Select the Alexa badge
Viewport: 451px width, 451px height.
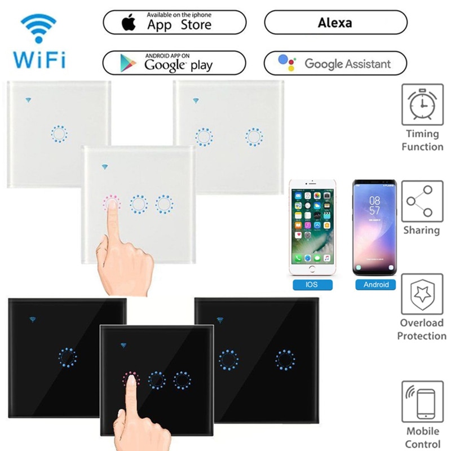[335, 23]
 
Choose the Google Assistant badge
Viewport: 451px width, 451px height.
[335, 63]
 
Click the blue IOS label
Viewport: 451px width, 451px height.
[312, 285]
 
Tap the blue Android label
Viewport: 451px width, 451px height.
[376, 285]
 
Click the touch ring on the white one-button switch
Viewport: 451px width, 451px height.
[59, 134]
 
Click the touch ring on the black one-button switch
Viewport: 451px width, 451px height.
[67, 356]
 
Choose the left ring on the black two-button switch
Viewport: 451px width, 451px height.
[228, 359]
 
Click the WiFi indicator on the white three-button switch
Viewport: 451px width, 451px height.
[104, 166]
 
